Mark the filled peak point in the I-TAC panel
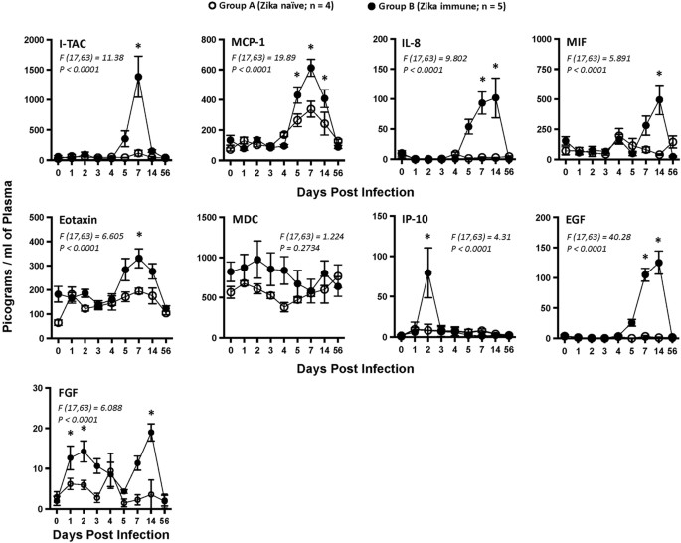point(138,77)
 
